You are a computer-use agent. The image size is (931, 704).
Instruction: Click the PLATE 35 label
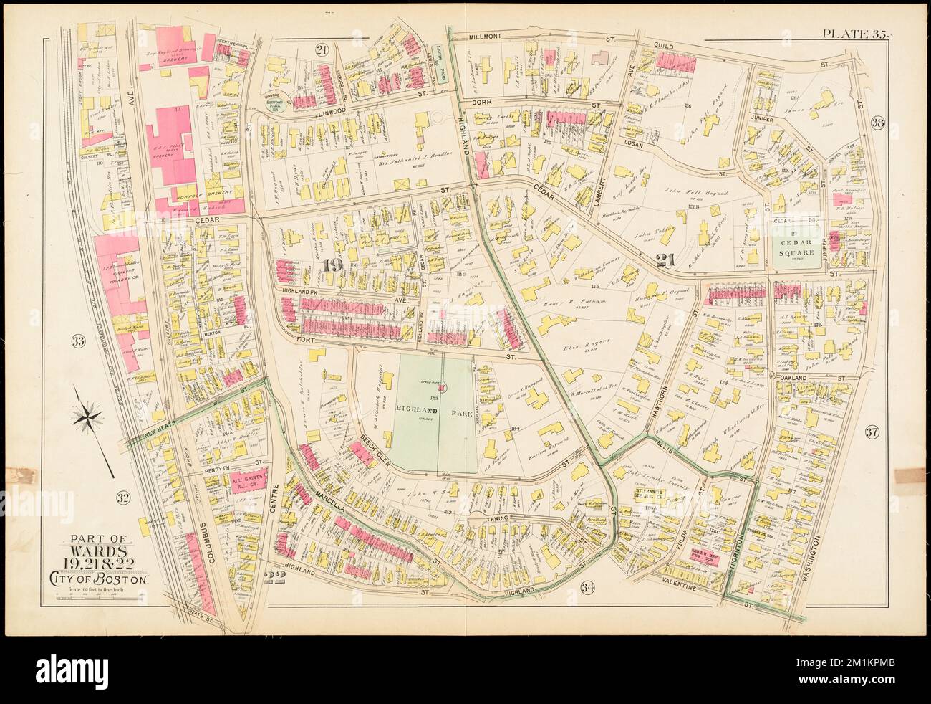coord(854,33)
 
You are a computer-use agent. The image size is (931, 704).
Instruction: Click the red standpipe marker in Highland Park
coord(445,388)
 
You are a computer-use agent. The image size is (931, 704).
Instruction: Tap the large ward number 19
coord(332,266)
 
